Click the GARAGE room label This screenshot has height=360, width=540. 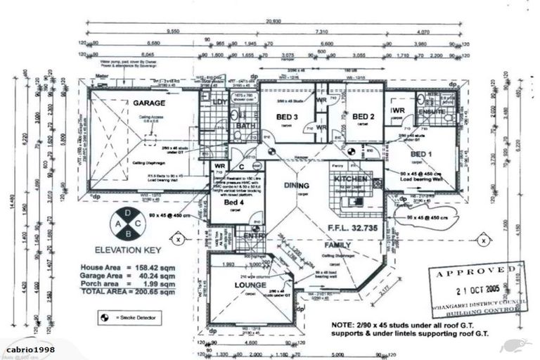click(x=149, y=103)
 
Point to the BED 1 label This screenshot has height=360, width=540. click(x=421, y=154)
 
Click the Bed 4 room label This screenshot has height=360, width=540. click(x=234, y=202)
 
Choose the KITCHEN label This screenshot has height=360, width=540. click(x=351, y=179)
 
